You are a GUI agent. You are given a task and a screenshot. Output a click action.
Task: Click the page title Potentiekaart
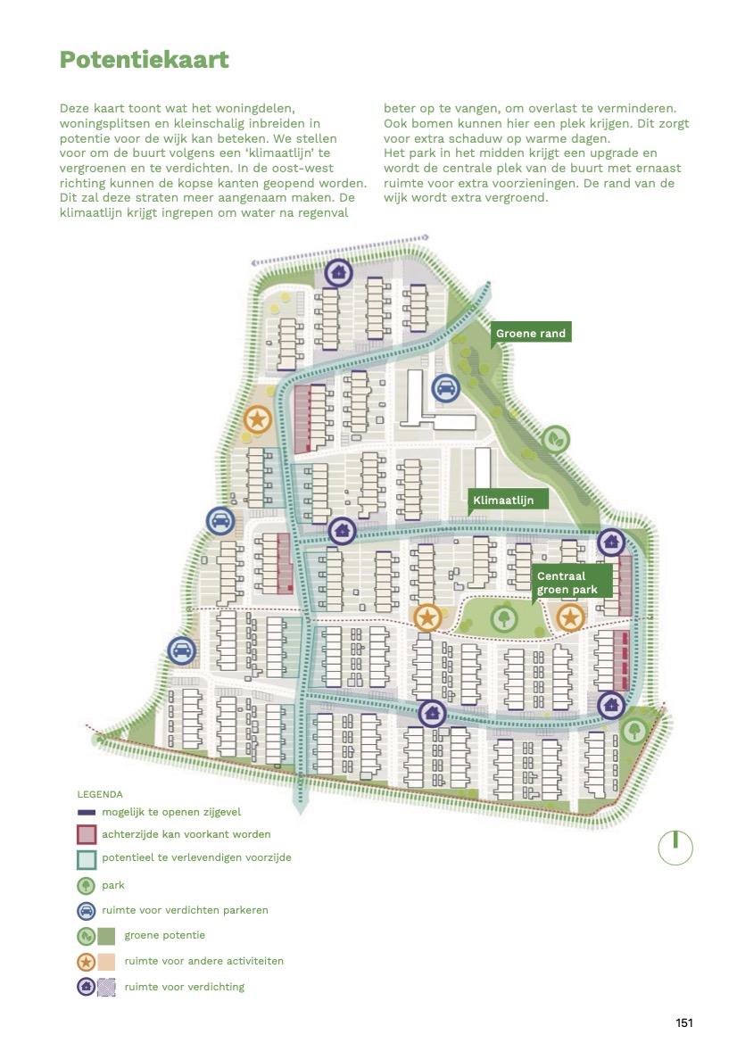(145, 60)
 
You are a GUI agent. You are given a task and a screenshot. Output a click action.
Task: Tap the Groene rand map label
(531, 334)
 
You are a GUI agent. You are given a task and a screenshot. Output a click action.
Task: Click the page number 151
(683, 1023)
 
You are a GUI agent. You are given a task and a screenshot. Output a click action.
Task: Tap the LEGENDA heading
(100, 794)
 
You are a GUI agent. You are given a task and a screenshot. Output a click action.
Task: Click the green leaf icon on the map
(555, 439)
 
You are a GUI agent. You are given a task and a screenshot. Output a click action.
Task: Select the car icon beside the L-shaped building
(445, 388)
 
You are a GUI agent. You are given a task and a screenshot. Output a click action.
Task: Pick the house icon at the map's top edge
(338, 272)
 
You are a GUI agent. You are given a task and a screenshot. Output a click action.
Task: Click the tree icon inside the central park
(504, 619)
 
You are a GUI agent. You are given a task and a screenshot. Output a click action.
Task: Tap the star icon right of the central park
(570, 618)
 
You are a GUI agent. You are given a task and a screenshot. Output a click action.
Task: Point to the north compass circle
(675, 848)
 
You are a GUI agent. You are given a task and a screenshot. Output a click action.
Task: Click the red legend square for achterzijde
(87, 834)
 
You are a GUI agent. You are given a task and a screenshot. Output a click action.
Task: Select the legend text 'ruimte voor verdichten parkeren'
(185, 910)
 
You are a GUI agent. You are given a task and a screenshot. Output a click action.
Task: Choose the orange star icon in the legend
(87, 962)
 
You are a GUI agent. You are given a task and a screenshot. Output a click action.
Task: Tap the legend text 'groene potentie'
(164, 935)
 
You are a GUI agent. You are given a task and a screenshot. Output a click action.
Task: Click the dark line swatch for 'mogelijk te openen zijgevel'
(87, 812)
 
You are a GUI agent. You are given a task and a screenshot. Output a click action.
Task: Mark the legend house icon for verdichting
(87, 987)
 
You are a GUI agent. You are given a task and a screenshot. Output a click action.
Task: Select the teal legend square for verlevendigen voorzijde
(87, 859)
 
